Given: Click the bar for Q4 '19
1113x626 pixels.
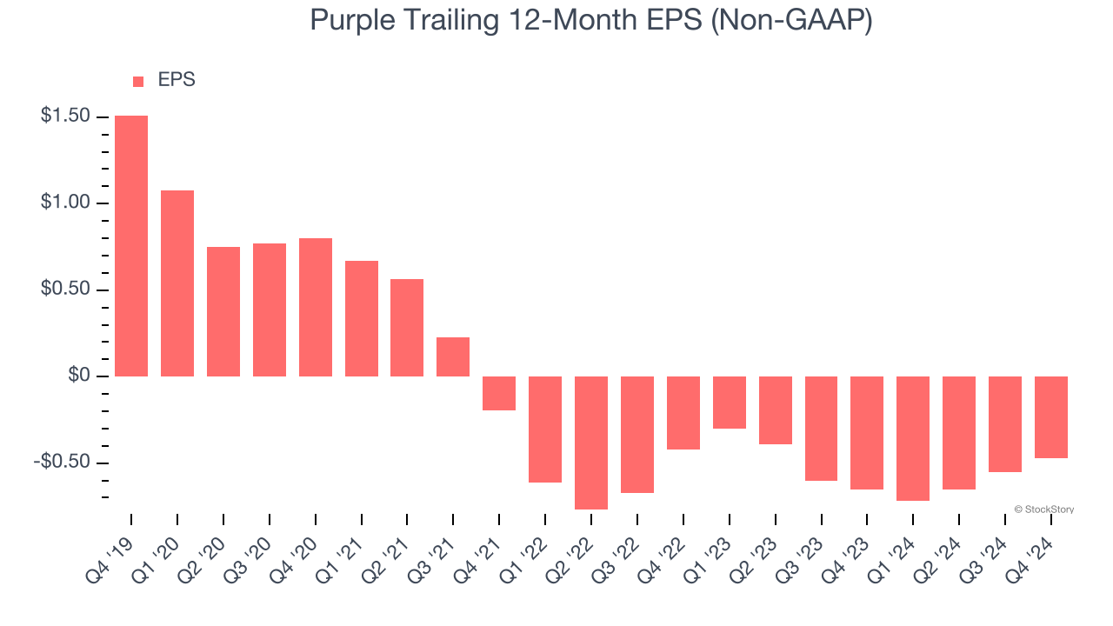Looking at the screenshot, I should (x=131, y=246).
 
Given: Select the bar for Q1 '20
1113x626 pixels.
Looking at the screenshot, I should (x=177, y=283).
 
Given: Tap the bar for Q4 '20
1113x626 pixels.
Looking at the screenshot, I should (x=316, y=307).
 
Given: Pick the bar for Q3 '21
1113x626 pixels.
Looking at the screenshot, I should (x=453, y=356).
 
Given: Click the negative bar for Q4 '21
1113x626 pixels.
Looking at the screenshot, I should (x=499, y=393).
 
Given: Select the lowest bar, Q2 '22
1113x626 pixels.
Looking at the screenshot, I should (x=591, y=443).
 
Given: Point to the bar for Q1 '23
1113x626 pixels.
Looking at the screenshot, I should (x=730, y=403).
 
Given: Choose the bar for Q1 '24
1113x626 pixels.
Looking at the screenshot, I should (x=913, y=438).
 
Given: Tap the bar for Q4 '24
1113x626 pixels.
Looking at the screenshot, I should (x=1051, y=417).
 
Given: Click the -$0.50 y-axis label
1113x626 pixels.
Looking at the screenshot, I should (x=61, y=462).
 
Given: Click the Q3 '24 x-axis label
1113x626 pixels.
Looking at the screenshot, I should (x=989, y=549).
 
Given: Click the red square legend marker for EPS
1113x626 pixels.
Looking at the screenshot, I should (x=138, y=82).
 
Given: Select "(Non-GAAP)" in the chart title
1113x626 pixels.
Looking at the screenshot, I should (x=791, y=22).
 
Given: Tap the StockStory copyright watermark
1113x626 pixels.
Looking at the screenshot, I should (x=1044, y=509).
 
